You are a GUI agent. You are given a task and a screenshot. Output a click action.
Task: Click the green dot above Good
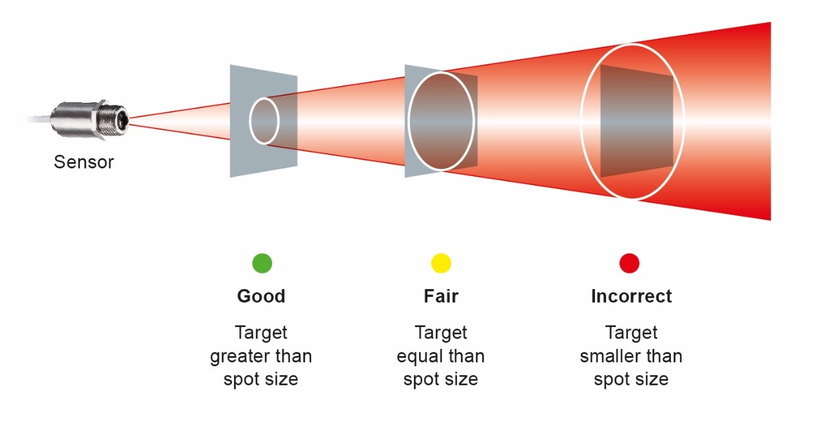262,263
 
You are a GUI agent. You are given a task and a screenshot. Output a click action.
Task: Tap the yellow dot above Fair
441,263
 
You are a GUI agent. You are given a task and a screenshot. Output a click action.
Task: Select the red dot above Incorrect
629,263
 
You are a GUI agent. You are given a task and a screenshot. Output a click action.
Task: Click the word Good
261,296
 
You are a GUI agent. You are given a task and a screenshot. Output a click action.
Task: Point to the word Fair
441,296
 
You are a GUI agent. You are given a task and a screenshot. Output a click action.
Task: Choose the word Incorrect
631,296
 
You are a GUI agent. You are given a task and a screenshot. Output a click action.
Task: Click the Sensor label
84,162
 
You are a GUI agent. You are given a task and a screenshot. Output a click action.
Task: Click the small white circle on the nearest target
264,120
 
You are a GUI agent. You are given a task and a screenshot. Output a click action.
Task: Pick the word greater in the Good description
242,356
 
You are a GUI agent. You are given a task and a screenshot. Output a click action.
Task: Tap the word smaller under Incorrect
609,356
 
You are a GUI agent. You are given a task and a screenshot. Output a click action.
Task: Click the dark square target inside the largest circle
636,122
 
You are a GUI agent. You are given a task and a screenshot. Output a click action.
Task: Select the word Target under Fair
441,333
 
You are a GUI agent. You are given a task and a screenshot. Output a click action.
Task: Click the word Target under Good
261,333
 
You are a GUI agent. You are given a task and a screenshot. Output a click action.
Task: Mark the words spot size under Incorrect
631,379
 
